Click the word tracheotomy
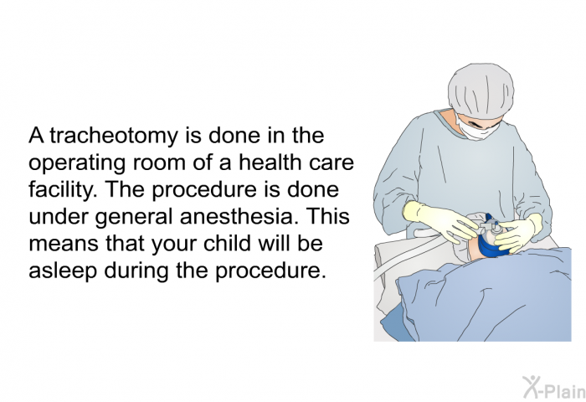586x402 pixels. coord(114,136)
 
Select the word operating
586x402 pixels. coord(76,164)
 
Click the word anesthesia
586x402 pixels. coord(236,216)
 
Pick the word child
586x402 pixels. coord(227,243)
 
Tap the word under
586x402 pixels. coord(59,216)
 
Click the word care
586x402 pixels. coord(332,164)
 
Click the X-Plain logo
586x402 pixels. coord(554,388)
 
